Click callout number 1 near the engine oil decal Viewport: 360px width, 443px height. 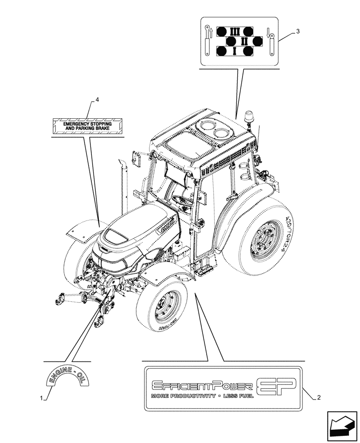coord(42,398)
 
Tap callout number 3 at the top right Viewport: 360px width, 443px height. coord(298,31)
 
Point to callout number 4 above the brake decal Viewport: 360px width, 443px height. coord(97,100)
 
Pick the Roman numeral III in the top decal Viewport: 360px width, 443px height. coord(235,31)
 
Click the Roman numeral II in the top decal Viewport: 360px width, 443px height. coord(244,41)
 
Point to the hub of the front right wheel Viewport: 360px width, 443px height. coord(165,307)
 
